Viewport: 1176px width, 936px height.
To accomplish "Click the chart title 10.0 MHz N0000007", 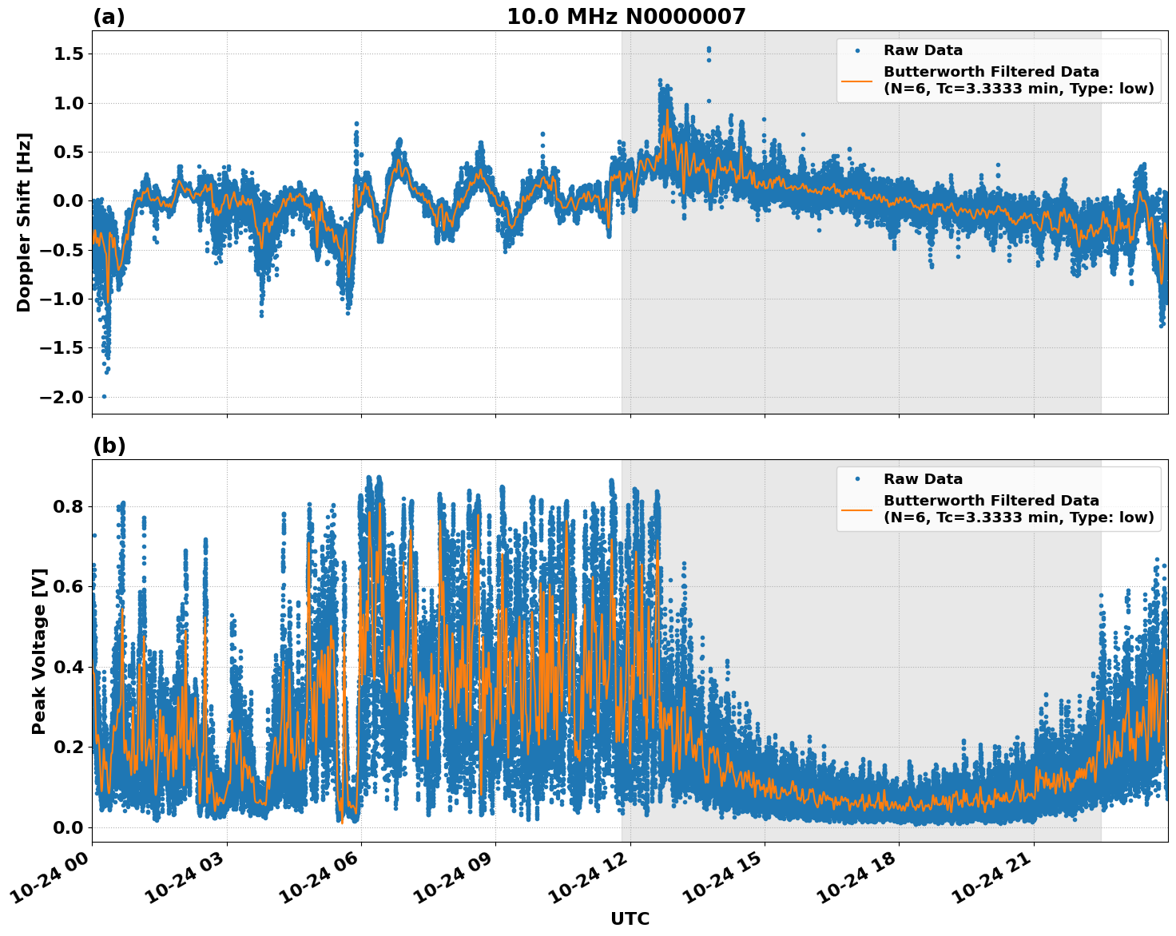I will coord(626,17).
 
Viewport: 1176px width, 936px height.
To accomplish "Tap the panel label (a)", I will coord(109,17).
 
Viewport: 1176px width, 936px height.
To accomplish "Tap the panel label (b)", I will coord(109,446).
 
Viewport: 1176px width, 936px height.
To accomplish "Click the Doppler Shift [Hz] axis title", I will coord(24,222).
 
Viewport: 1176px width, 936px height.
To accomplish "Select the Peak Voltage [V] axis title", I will coord(39,651).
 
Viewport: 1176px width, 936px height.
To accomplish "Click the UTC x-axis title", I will coord(630,919).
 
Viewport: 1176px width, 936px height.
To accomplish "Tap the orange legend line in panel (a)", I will coord(857,81).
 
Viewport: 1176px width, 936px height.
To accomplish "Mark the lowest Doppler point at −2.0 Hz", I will coord(104,396).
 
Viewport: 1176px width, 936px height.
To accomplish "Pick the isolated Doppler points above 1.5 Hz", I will coord(708,51).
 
